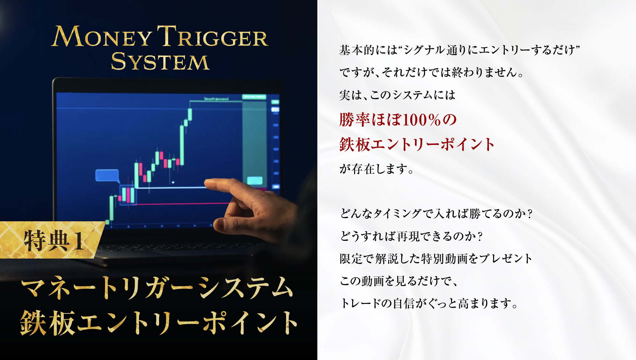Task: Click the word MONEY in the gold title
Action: (x=102, y=36)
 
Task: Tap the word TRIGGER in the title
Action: (x=213, y=36)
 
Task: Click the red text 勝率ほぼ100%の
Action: (x=398, y=120)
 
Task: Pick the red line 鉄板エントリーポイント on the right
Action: (x=417, y=144)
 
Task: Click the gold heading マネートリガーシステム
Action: (x=157, y=287)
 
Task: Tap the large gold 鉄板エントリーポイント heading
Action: (x=159, y=323)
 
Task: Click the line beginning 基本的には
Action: (x=459, y=50)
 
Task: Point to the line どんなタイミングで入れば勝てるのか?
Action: (x=436, y=214)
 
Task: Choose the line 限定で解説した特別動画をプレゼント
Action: (x=436, y=259)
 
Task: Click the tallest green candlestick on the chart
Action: (x=182, y=145)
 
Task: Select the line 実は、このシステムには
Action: (x=397, y=95)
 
